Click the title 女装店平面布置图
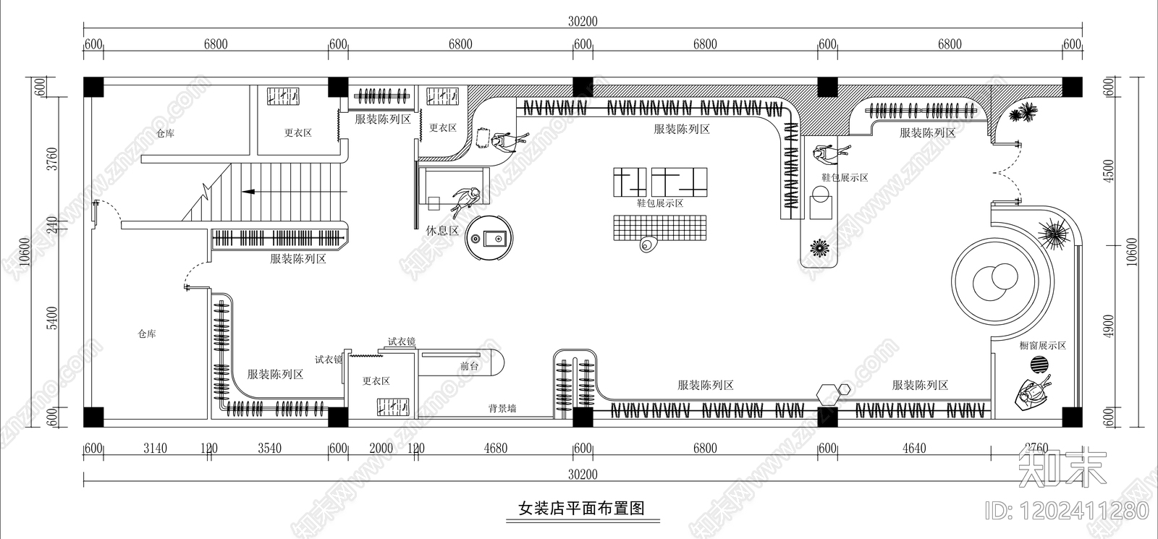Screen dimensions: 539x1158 pos(581,508)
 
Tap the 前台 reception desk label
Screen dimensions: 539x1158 pos(470,366)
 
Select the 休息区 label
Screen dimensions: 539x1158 pos(442,231)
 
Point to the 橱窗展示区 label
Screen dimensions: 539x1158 pos(1043,346)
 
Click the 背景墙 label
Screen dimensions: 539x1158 pos(502,409)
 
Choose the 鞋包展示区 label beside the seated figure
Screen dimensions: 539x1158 pos(845,177)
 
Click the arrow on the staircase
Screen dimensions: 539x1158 pos(250,192)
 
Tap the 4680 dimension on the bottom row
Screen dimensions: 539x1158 pos(496,449)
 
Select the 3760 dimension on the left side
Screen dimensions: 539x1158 pos(51,159)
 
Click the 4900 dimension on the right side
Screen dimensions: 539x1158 pos(1110,326)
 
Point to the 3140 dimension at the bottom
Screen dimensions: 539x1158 pos(155,449)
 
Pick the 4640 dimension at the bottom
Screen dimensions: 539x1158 pos(914,449)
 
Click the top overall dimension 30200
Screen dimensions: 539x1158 pos(583,22)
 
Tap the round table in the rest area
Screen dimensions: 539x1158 pos(489,237)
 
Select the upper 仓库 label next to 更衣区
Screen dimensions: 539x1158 pos(166,133)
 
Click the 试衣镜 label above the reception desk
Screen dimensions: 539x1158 pos(401,341)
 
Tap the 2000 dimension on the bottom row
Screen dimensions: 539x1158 pos(381,449)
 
